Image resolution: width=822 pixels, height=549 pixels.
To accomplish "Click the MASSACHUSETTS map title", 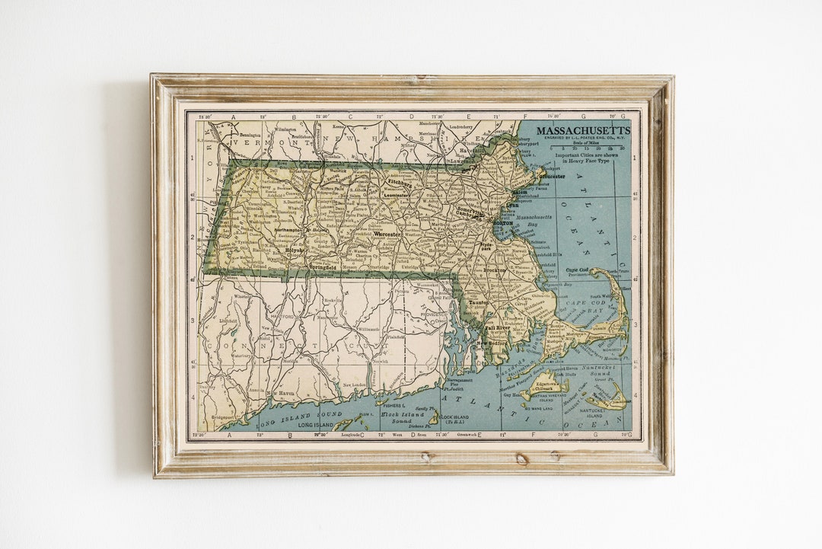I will click(x=583, y=130).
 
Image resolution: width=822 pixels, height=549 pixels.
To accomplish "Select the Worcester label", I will click(x=387, y=234).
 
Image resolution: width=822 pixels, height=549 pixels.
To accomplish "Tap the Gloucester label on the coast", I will click(x=552, y=176).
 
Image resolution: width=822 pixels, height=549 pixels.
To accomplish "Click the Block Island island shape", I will click(x=435, y=417).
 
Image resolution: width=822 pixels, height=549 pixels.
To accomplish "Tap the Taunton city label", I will click(x=478, y=302).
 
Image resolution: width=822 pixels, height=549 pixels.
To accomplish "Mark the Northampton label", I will click(x=289, y=229).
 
